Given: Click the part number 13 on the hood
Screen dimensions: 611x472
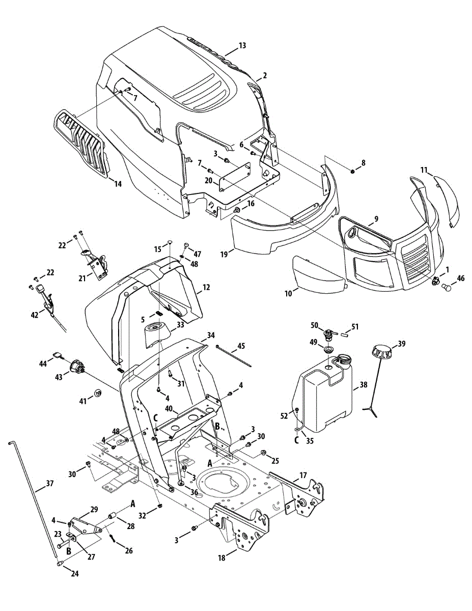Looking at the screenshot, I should (242, 46).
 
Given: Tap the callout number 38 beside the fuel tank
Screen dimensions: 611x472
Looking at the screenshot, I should (363, 385).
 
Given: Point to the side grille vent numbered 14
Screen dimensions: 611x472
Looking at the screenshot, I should (81, 144).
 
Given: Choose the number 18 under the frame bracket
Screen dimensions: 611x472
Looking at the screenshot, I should (221, 559).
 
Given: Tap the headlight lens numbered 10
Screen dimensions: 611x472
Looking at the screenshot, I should (317, 275).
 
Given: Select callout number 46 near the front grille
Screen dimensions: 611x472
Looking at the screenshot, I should (461, 279).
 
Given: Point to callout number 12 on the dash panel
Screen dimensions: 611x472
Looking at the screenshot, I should (206, 288).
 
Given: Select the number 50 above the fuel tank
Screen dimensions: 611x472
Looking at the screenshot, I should (314, 325).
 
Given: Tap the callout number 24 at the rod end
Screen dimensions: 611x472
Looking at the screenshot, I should (75, 574).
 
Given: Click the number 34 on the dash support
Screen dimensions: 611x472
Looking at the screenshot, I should (211, 336).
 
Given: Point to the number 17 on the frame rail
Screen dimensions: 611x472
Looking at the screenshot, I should (303, 476).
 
